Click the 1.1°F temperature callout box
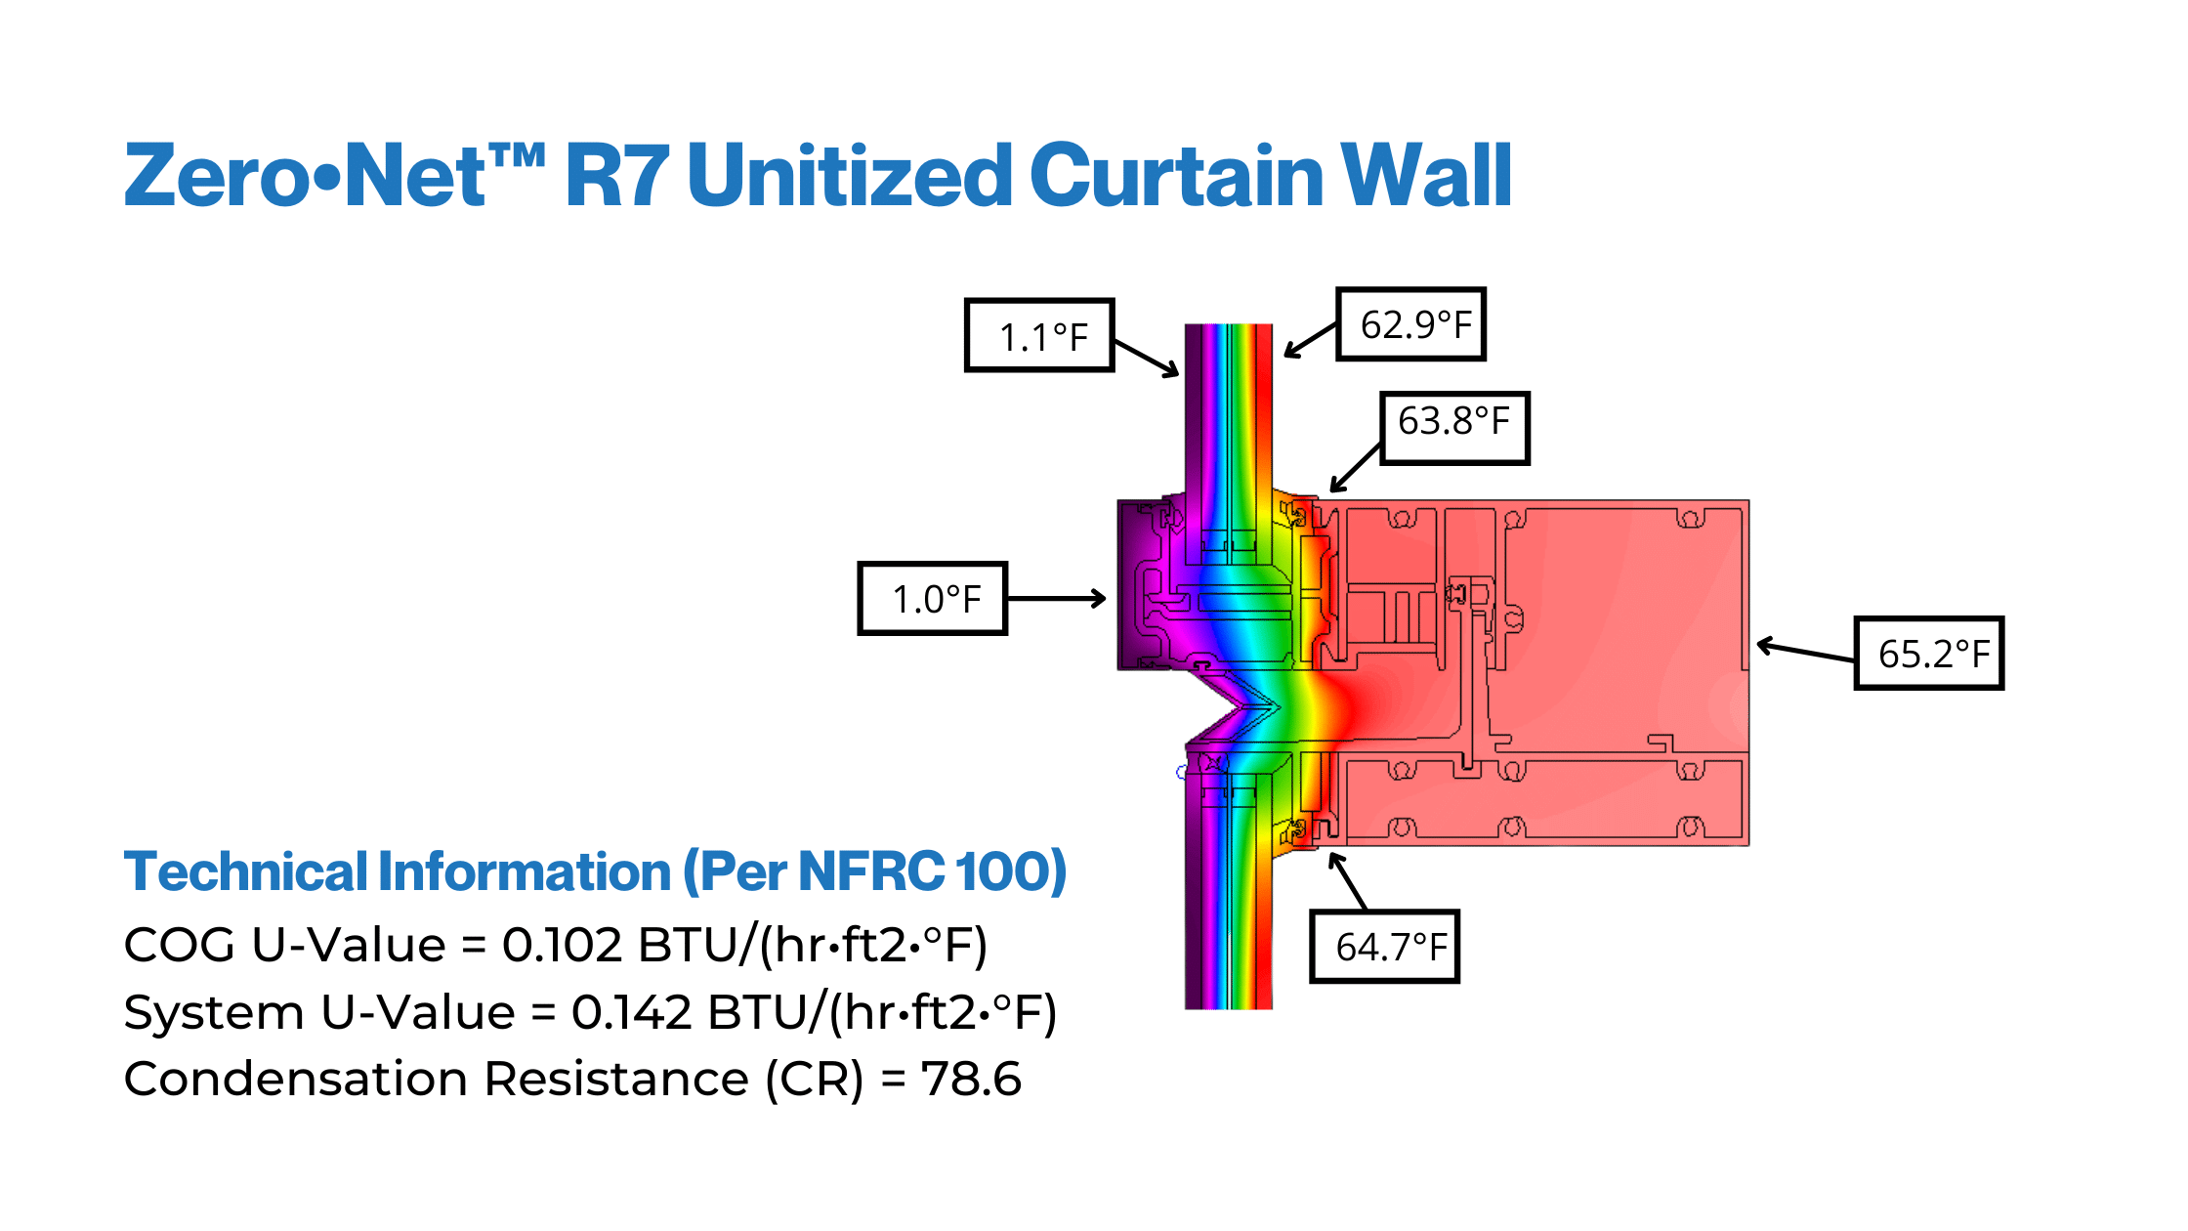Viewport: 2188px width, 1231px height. coord(1039,336)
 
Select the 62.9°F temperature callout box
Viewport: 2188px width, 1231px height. coord(1410,324)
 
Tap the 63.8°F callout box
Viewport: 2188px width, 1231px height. coord(1453,427)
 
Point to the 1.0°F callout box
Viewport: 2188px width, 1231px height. coord(932,598)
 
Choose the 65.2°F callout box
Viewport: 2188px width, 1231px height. coord(1928,653)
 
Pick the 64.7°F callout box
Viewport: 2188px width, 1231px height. coord(1384,946)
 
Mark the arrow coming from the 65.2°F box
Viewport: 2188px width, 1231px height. coord(1805,651)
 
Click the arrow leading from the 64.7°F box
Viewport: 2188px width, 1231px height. coord(1347,881)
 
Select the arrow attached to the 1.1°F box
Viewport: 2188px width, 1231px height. coord(1147,358)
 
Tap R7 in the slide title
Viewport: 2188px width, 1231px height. coord(616,176)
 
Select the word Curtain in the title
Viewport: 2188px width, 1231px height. coord(1176,176)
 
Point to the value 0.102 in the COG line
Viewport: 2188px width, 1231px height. coord(562,945)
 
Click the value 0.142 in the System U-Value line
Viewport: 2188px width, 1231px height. coord(631,1012)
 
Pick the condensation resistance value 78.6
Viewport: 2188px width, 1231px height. coord(971,1079)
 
